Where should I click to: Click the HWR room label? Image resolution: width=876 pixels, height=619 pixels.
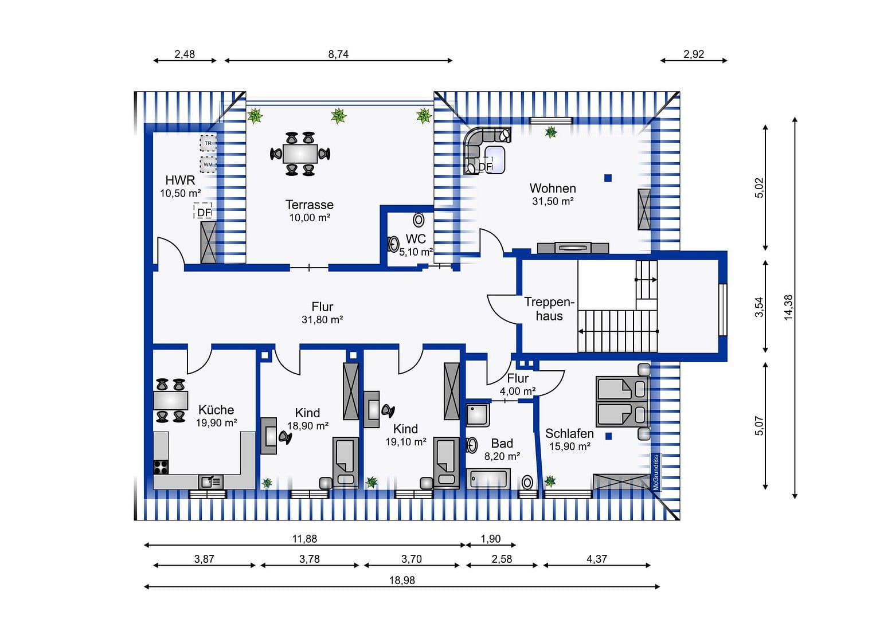[x=180, y=180]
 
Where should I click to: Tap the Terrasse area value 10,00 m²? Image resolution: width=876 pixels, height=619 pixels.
[x=310, y=218]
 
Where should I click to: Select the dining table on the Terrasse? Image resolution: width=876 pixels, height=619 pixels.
[x=300, y=154]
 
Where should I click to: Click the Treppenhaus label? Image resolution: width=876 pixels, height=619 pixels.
[x=549, y=309]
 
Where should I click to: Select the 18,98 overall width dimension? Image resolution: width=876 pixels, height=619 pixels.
[x=401, y=580]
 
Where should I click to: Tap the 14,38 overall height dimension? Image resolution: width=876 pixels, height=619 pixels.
[x=788, y=307]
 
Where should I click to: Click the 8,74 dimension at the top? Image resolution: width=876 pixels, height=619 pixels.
[x=338, y=54]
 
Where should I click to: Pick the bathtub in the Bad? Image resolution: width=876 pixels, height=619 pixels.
[x=488, y=479]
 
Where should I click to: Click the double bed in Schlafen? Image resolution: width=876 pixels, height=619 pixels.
[x=621, y=402]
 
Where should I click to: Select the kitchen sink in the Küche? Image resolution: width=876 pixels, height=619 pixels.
[x=210, y=481]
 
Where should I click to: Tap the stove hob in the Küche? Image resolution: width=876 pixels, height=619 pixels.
[x=161, y=467]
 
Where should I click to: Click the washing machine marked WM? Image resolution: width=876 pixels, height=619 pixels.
[x=208, y=164]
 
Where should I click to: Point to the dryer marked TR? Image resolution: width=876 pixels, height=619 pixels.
[x=208, y=143]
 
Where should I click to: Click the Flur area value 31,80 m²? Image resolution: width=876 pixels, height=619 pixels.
[x=322, y=320]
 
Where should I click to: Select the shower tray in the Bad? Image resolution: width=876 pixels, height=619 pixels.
[x=477, y=415]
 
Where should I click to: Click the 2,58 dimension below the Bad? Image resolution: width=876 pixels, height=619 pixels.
[x=502, y=559]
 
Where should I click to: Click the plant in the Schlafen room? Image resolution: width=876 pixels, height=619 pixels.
[x=550, y=480]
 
